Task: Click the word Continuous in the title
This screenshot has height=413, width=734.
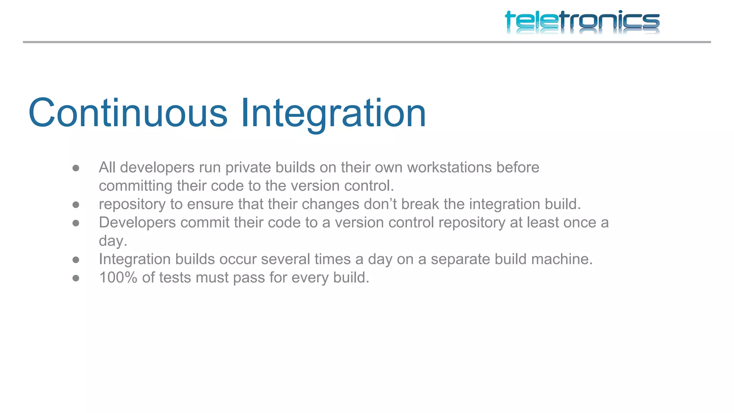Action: click(128, 113)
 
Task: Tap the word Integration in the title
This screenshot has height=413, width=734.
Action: click(333, 113)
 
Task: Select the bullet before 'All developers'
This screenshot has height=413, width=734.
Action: click(76, 168)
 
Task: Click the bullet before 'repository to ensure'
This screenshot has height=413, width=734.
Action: click(76, 205)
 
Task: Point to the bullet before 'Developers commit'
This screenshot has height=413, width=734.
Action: click(76, 223)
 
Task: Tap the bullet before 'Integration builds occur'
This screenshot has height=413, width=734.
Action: click(76, 260)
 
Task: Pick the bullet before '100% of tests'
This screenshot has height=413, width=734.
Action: click(76, 278)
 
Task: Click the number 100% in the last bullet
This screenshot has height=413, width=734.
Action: click(118, 277)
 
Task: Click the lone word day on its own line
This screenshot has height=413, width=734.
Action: click(113, 241)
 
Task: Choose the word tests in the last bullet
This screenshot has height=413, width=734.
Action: click(175, 277)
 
